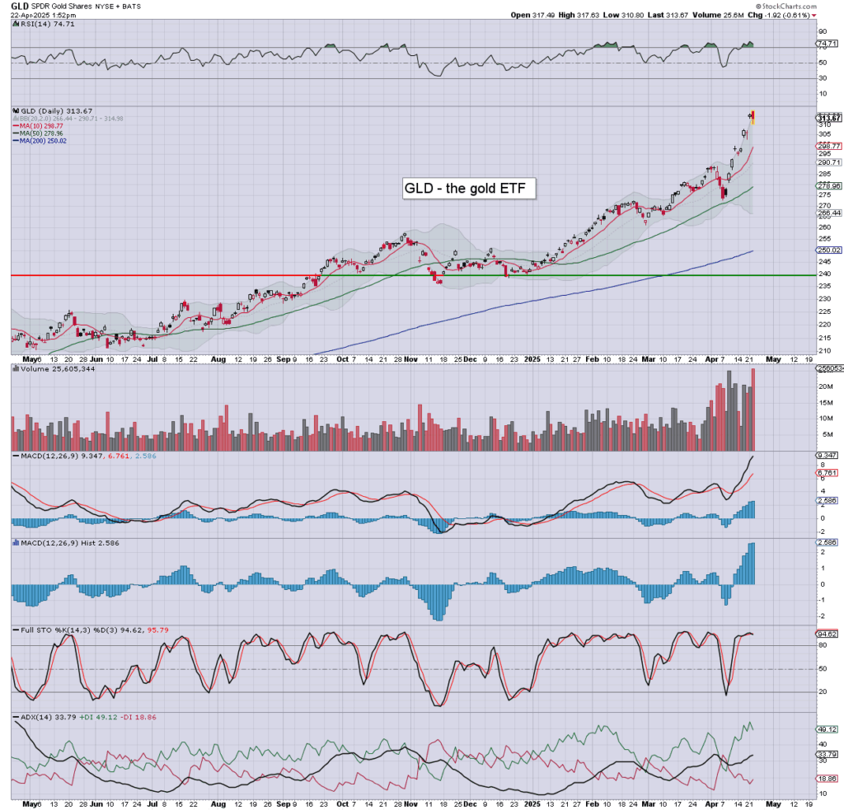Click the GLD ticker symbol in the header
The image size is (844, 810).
pos(19,5)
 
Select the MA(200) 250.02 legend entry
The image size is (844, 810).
pos(45,140)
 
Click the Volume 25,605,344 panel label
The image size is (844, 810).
pos(49,371)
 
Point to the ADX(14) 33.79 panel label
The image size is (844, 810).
pos(40,717)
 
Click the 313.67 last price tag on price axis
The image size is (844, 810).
pos(828,118)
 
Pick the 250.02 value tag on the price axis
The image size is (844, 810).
pos(828,250)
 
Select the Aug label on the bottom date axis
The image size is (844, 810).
pos(218,360)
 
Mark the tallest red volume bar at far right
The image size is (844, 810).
pos(753,409)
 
